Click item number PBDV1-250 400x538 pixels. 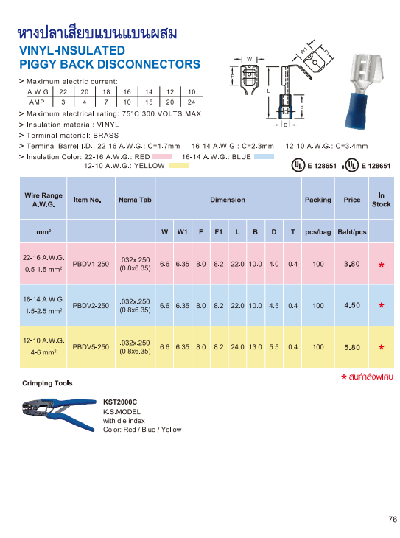(x=91, y=264)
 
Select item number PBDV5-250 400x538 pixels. (x=91, y=346)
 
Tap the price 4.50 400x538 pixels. (x=352, y=305)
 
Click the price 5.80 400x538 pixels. (x=352, y=346)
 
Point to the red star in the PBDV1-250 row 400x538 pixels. (x=381, y=265)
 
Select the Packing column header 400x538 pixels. (x=317, y=200)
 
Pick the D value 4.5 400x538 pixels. (x=274, y=305)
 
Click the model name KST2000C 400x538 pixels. (x=120, y=402)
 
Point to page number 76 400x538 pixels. (x=393, y=520)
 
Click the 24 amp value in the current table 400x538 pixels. (x=192, y=102)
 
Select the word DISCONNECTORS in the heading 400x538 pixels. (x=140, y=64)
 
